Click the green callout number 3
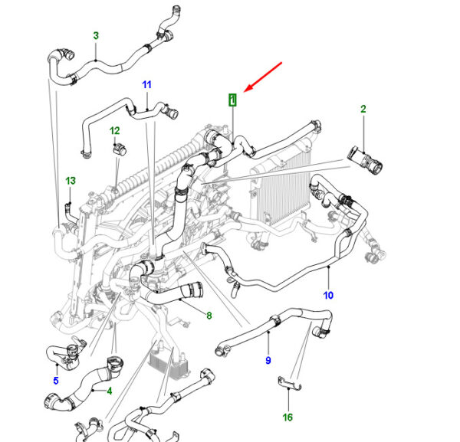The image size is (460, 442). click(96, 36)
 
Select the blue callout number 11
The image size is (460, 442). click(146, 85)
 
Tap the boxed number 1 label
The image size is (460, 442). click(232, 100)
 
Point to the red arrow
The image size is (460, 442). click(263, 77)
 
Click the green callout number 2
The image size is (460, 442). click(363, 109)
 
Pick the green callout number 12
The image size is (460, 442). click(115, 131)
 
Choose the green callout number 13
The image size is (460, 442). click(71, 181)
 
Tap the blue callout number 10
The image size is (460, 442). click(328, 295)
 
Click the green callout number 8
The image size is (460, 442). click(209, 316)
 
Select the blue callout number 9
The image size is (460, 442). click(268, 360)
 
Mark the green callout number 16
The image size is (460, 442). click(287, 417)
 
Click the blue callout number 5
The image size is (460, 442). click(56, 381)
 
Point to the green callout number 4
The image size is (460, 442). click(110, 391)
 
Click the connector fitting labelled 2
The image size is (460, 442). click(365, 160)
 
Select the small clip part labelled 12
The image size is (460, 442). click(120, 149)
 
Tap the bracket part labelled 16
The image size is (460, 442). click(290, 384)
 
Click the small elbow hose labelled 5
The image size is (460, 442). click(66, 353)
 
